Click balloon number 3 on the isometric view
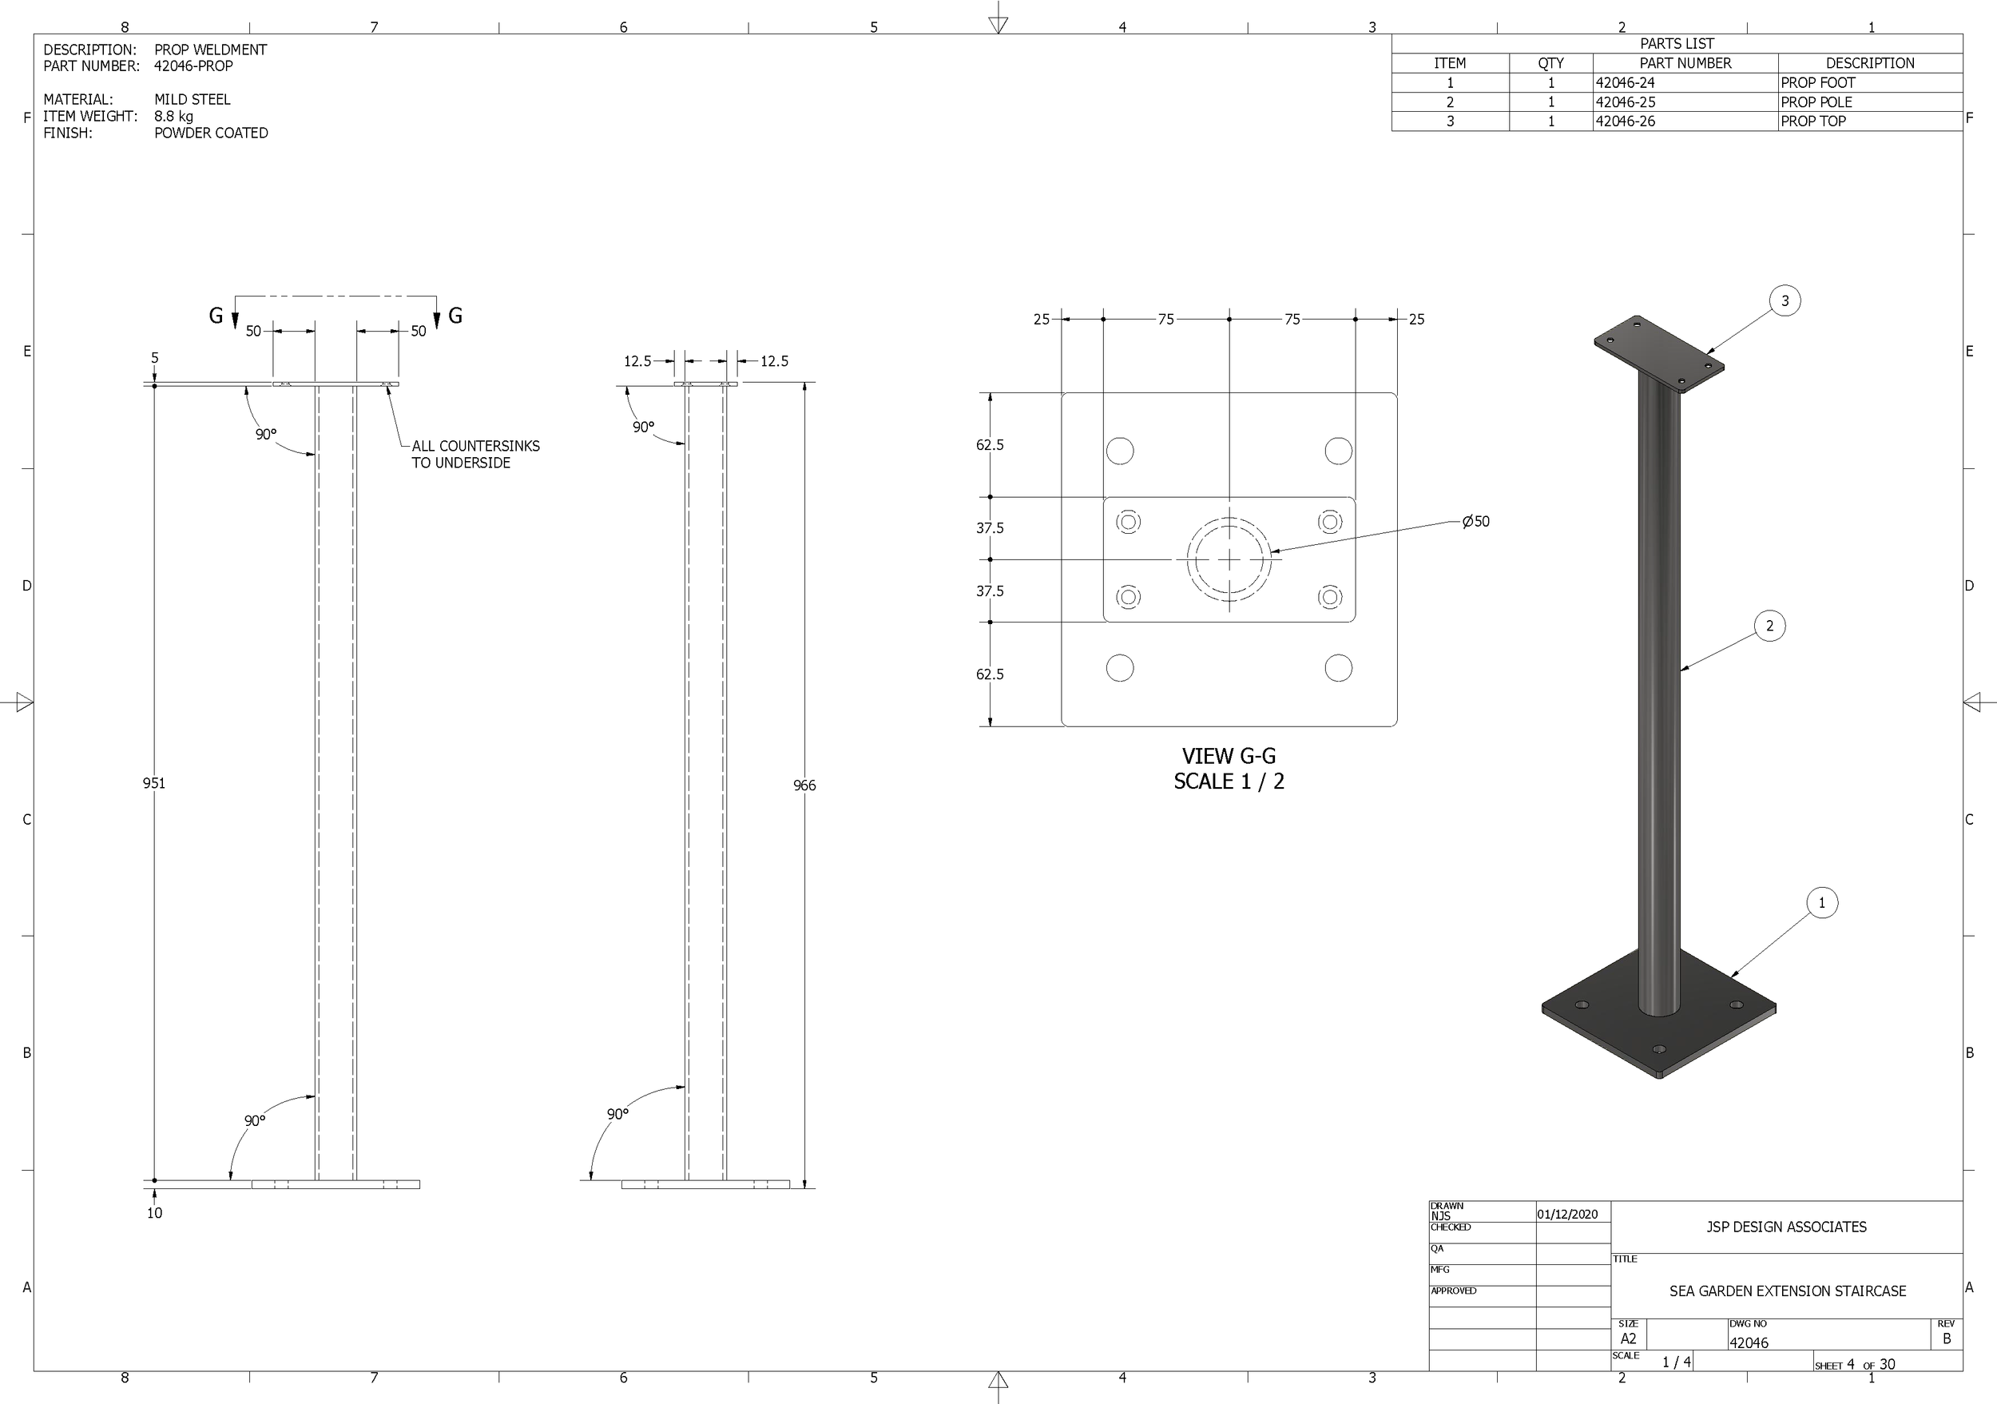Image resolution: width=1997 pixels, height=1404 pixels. pos(1785,301)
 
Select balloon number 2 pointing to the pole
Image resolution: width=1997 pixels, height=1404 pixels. pos(1769,626)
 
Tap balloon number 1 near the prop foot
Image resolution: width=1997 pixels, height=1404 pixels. pos(1821,902)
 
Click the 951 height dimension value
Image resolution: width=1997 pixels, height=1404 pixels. pos(154,783)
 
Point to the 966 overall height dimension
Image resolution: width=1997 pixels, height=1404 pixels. pos(804,786)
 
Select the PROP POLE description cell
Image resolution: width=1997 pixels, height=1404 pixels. pos(1816,101)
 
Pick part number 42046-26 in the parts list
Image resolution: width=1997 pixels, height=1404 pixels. pos(1625,121)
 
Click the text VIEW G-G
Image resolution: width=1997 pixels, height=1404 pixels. pos(1228,756)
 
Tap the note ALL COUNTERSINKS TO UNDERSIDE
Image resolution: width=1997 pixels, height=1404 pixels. pos(475,454)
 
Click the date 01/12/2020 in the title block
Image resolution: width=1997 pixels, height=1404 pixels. pos(1567,1215)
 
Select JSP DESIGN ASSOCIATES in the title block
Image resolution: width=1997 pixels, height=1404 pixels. pos(1785,1227)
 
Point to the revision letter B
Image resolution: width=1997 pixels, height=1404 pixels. pos(1947,1338)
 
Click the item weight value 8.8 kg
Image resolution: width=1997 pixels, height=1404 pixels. pos(174,116)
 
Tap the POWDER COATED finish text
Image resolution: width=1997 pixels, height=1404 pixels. pos(211,133)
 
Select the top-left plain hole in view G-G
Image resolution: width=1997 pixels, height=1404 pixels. pos(1119,451)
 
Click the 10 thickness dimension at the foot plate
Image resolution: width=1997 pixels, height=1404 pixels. pos(154,1213)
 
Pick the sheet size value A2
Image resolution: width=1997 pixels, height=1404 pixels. pos(1628,1338)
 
